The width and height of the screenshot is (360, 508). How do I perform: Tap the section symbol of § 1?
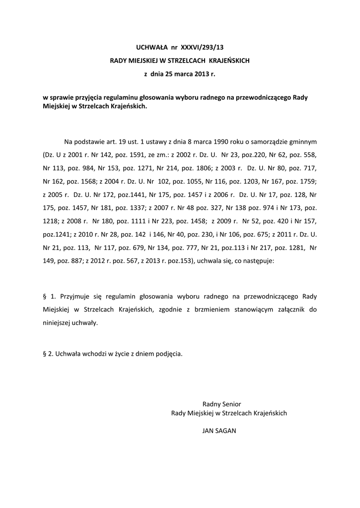point(45,296)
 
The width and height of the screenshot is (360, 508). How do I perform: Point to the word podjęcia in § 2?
point(169,354)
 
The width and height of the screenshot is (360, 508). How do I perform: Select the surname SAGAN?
point(227,431)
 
